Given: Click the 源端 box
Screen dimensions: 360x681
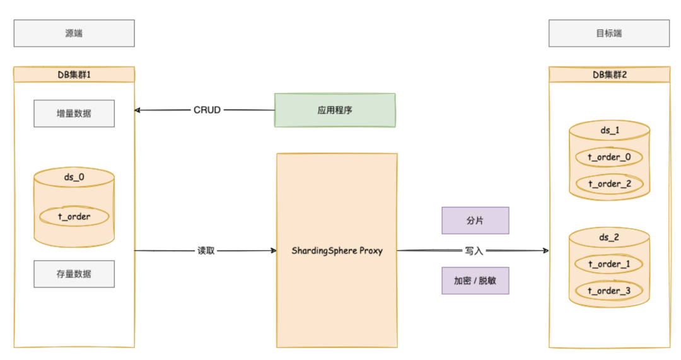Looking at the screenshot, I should click(x=74, y=33).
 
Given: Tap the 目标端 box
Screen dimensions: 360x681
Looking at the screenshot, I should click(x=608, y=33).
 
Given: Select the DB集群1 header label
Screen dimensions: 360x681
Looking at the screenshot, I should click(x=74, y=74).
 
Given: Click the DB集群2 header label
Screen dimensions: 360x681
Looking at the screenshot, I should click(x=609, y=74).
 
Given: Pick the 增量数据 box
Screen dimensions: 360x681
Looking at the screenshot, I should click(x=74, y=113).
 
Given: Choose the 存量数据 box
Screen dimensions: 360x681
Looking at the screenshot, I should click(x=74, y=274).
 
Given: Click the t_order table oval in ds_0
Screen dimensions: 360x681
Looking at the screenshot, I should click(x=74, y=216).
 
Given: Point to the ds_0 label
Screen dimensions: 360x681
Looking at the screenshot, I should click(x=74, y=177).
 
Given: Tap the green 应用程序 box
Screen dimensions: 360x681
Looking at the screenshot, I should click(x=334, y=110).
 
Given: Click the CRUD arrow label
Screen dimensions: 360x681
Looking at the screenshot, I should click(x=207, y=110).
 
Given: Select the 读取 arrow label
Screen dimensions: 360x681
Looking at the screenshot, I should click(x=206, y=250).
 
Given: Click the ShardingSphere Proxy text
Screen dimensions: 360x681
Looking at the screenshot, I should click(x=337, y=250).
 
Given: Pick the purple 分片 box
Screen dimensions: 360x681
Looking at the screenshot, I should click(x=475, y=221).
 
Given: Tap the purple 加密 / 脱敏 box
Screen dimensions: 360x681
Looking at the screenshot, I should click(x=475, y=281).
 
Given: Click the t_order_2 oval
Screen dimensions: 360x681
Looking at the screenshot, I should click(x=608, y=183).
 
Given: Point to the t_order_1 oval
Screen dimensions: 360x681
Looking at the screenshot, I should click(x=608, y=264).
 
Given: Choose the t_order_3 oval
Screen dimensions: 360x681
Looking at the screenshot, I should click(x=608, y=290).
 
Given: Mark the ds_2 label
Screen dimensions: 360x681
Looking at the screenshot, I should click(x=608, y=237).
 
